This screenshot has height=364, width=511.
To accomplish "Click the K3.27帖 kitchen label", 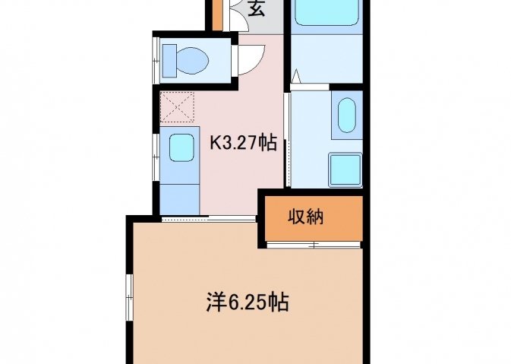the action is (244, 143).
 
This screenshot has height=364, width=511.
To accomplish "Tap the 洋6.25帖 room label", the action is (248, 302).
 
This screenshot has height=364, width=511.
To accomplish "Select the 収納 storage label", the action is (306, 217).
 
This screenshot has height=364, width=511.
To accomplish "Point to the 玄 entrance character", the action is (257, 8).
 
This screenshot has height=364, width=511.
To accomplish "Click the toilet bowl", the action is (192, 60).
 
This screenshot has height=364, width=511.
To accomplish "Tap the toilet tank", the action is (169, 61).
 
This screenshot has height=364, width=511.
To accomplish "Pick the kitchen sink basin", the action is (181, 147).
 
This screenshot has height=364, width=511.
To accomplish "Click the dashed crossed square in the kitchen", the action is (177, 107).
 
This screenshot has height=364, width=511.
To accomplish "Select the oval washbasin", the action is (346, 116).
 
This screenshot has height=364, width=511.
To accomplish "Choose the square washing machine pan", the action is (345, 170).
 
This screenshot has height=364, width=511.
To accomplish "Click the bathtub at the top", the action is (326, 12).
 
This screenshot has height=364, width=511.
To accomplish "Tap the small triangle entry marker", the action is (295, 76).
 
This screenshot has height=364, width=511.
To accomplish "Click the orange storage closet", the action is (314, 218).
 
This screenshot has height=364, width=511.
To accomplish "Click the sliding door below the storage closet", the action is (314, 245).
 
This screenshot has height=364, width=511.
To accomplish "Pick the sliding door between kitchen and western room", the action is (208, 218).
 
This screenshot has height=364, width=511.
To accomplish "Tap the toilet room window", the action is (156, 60).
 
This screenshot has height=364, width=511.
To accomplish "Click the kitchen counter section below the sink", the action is (179, 199).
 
